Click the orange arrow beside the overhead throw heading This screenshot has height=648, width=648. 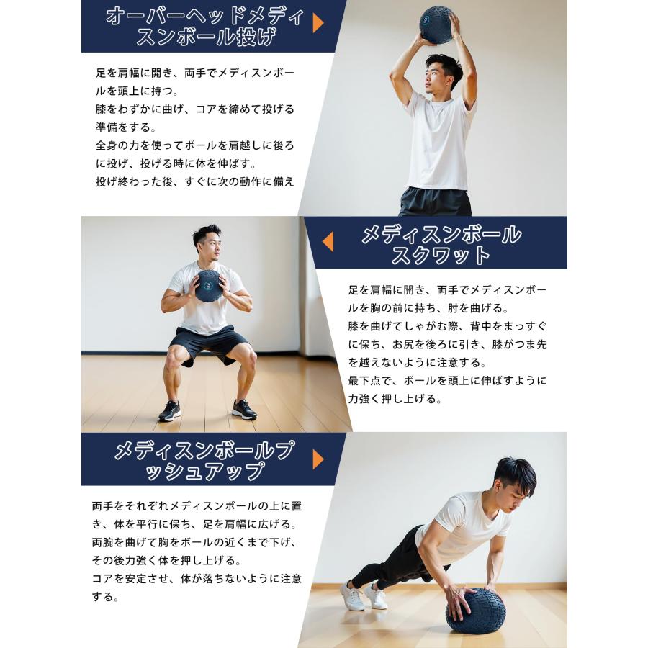[x=318, y=23]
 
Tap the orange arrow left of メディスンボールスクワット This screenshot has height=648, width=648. [x=328, y=242]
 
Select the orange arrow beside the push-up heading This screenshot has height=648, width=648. [x=318, y=459]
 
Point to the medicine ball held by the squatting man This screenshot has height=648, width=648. [x=208, y=286]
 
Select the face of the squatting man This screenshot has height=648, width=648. [x=207, y=246]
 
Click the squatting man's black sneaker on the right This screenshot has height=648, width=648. [x=244, y=409]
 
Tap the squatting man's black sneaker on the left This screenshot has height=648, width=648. [x=170, y=410]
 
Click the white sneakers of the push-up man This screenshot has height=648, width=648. [x=363, y=595]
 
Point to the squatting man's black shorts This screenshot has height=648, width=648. [x=208, y=344]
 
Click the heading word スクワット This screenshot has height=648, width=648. [x=441, y=256]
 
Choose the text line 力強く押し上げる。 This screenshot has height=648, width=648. [x=395, y=398]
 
